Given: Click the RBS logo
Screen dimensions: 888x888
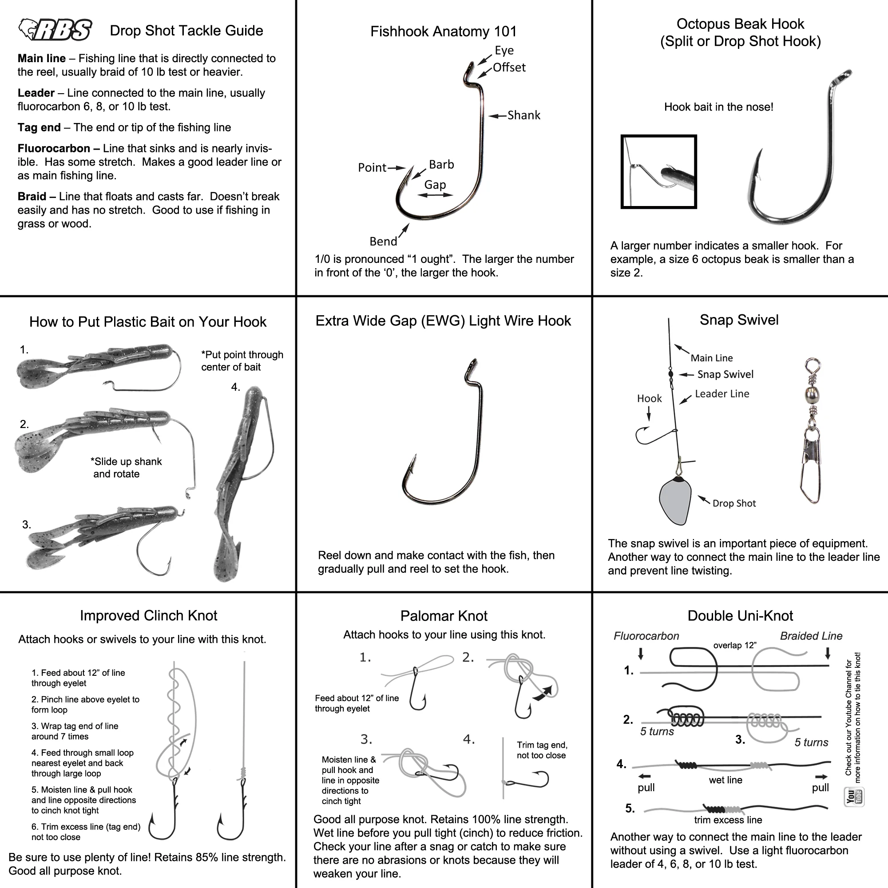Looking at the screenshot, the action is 55,30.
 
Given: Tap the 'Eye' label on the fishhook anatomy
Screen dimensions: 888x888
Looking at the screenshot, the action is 504,50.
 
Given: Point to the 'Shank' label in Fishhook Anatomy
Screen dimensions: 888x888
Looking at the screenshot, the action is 523,115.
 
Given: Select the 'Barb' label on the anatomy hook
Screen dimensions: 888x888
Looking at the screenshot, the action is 441,164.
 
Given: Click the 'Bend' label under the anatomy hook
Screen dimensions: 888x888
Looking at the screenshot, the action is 383,241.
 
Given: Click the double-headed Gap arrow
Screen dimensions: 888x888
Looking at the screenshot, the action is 435,195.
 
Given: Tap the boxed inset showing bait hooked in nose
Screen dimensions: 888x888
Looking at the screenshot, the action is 658,171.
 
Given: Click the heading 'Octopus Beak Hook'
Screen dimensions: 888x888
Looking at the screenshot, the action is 740,24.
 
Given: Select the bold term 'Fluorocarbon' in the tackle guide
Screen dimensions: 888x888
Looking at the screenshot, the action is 54,148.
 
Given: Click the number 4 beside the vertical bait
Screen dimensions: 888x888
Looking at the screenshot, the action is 235,387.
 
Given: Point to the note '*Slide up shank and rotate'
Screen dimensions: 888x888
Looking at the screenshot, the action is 126,468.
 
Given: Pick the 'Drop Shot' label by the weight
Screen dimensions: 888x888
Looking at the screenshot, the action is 733,503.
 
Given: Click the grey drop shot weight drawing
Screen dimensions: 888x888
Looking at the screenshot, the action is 675,501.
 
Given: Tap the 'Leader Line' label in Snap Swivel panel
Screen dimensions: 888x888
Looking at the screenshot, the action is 721,393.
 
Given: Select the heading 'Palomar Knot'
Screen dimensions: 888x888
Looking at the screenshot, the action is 444,615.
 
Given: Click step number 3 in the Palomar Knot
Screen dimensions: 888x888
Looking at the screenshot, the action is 366,739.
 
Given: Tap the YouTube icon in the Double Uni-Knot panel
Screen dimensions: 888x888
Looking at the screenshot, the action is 854,797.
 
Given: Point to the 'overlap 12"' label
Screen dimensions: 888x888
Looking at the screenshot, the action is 734,645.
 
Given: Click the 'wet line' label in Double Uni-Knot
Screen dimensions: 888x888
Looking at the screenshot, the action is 725,780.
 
